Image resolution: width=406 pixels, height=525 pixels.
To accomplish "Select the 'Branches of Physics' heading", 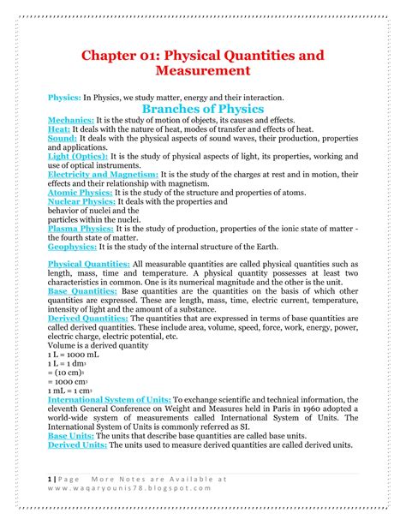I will click(x=202, y=110).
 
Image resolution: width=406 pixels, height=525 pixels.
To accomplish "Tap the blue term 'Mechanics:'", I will click(x=70, y=121).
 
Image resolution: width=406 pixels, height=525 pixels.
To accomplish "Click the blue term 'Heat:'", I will click(x=60, y=129).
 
